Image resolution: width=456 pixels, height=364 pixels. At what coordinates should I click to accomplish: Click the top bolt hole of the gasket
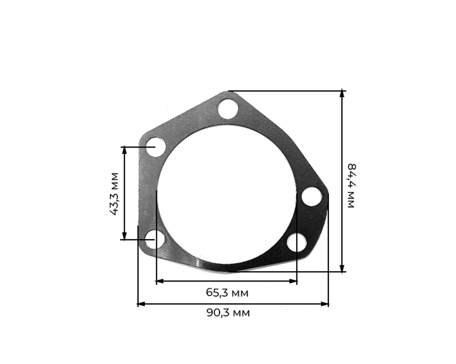coord(228,109)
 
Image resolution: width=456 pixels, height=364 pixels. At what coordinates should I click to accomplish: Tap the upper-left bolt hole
coord(155,147)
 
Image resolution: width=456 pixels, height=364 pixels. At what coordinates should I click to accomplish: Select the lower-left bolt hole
coord(155,239)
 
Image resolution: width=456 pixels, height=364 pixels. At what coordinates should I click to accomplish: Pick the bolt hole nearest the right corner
coord(311,196)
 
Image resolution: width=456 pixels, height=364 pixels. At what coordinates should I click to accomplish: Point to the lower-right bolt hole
coord(296,242)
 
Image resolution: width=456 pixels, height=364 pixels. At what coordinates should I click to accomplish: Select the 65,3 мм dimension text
coord(227,293)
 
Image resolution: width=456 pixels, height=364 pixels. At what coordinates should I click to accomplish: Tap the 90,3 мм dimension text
coord(228,313)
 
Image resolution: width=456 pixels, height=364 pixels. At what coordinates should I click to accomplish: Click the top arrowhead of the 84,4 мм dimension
coord(342,93)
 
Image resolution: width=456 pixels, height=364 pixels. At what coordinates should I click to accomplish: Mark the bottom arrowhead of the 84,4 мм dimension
coord(342,269)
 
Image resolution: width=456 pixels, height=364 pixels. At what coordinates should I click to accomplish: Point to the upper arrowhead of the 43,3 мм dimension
coord(124,150)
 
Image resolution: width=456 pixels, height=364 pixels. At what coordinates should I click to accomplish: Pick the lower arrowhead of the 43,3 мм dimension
coord(124,236)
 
